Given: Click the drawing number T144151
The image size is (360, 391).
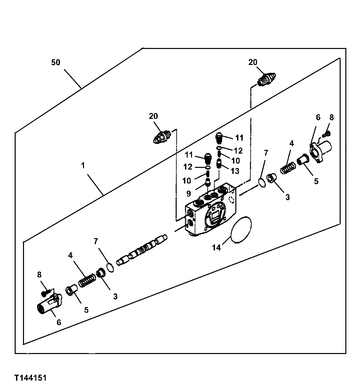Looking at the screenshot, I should (x=30, y=378).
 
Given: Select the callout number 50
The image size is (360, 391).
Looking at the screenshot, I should (x=56, y=62).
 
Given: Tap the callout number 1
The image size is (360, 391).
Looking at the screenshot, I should (x=83, y=166).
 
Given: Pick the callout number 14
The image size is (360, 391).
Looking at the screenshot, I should (x=217, y=247).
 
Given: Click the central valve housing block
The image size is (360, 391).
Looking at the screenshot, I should (x=211, y=211).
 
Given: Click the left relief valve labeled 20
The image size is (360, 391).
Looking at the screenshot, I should (x=162, y=137).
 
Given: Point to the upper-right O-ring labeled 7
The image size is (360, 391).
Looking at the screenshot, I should (x=262, y=182).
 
